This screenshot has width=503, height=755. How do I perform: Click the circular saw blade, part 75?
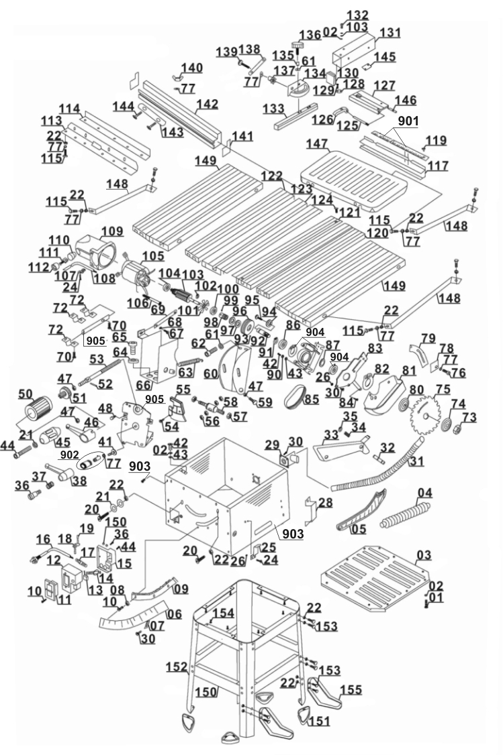[425, 412]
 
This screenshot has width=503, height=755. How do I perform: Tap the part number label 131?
[390, 33]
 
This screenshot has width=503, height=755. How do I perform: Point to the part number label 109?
[112, 231]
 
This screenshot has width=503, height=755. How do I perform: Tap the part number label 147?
[317, 144]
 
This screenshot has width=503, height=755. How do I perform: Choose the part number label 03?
[424, 556]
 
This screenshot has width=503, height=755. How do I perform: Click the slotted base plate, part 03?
[374, 578]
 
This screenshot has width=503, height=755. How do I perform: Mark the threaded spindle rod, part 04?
[405, 516]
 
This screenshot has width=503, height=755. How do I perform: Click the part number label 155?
[351, 690]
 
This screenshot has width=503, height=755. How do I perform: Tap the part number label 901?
[408, 121]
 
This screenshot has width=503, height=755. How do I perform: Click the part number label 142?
[208, 105]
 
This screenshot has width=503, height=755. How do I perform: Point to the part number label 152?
[177, 667]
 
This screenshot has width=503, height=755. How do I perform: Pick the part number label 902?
[69, 454]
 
